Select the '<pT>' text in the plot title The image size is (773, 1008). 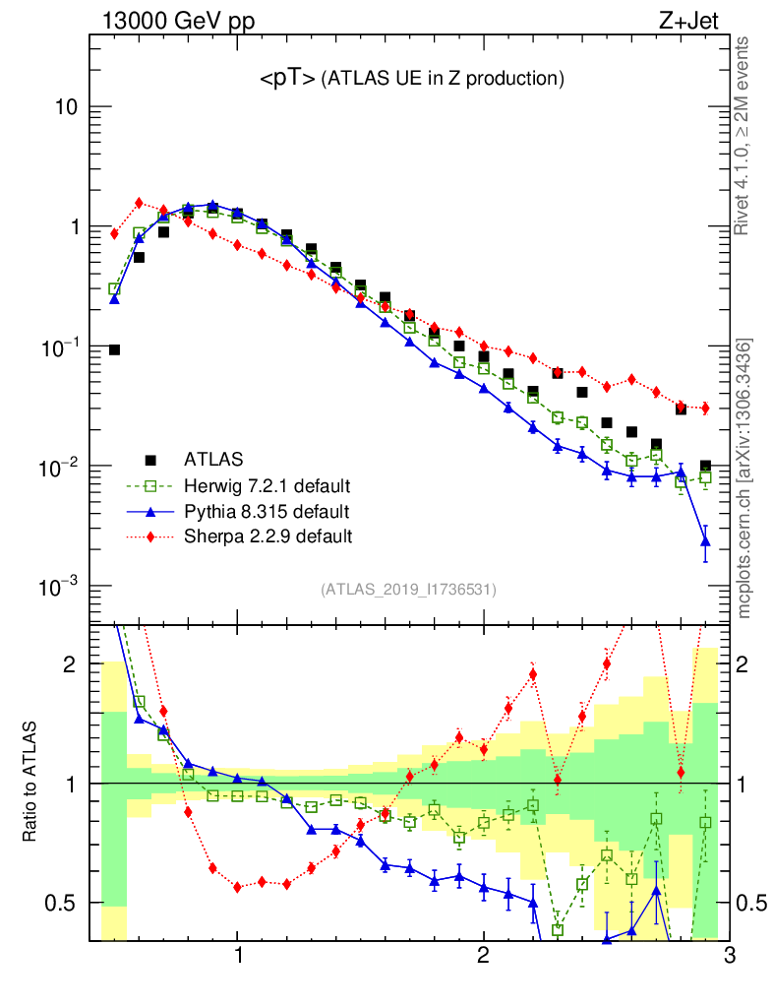(287, 79)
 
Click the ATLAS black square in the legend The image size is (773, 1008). (151, 460)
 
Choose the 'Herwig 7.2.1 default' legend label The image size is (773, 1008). (268, 485)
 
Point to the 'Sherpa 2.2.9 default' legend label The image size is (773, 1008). (268, 536)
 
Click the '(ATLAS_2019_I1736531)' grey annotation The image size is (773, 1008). (407, 590)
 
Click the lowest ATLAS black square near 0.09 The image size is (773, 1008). (114, 349)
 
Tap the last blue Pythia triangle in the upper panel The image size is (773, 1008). (705, 540)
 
